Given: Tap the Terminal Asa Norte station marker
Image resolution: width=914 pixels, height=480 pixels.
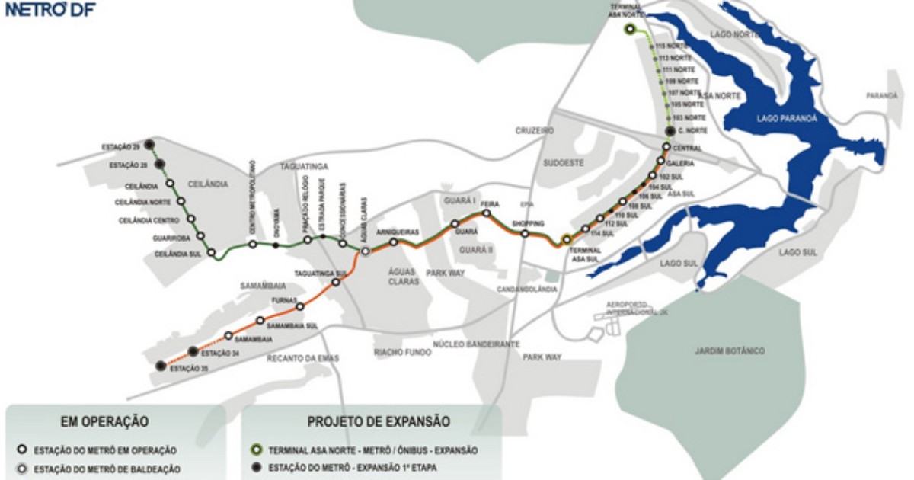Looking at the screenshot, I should coord(630,30).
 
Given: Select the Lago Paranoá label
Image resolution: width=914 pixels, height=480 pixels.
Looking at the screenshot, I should coord(787,118).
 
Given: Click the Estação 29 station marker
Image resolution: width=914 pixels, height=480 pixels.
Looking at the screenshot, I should coord(150,144).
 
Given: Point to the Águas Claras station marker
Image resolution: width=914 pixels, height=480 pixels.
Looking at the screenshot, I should coord(366,251).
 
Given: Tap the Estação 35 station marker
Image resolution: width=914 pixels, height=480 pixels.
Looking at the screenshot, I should coord(160,366).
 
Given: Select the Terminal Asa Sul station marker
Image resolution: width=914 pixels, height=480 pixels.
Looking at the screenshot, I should coord(566,239).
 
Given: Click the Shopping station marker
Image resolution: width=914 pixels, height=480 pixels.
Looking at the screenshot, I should coord(525,234).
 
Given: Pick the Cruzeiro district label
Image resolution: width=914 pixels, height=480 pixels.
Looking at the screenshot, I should coord(534,131).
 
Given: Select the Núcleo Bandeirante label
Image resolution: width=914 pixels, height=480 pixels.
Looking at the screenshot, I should coord(476,344).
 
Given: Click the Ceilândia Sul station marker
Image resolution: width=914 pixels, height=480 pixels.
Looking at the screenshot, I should coord(212,253).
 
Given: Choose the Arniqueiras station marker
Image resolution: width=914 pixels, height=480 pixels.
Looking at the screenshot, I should coord(394,242).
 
